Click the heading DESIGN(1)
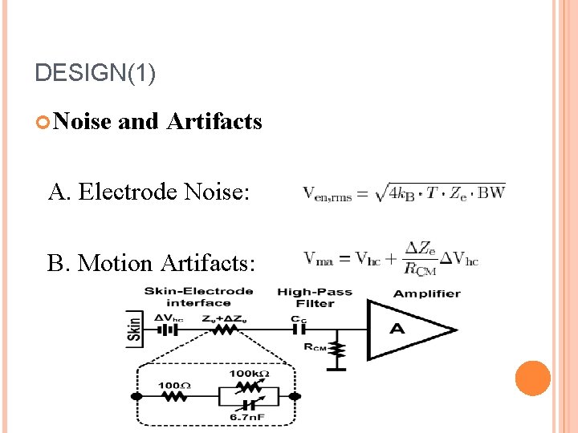pyautogui.click(x=96, y=73)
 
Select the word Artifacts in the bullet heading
pyautogui.click(x=214, y=121)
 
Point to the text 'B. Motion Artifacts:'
pyautogui.click(x=152, y=262)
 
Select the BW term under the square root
pyautogui.click(x=490, y=193)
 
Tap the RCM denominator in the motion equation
pyautogui.click(x=420, y=269)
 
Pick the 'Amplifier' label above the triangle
pyautogui.click(x=426, y=293)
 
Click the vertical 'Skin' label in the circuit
pyautogui.click(x=134, y=330)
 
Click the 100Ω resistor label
pyautogui.click(x=173, y=386)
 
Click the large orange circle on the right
pyautogui.click(x=532, y=378)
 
